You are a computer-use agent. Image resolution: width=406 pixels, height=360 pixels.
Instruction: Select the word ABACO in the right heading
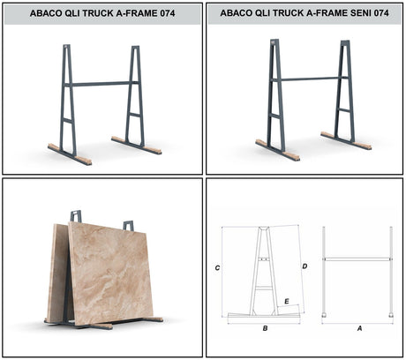coord(239,13)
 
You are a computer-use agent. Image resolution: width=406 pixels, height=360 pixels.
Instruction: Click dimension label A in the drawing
coord(357,327)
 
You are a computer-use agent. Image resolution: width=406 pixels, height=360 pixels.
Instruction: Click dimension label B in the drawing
coord(265,327)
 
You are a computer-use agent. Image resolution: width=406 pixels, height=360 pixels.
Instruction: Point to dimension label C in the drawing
coord(216,266)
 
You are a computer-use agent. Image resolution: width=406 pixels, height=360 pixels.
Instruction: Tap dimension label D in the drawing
coord(304,266)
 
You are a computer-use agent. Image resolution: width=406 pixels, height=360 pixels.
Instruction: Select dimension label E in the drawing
coord(286,301)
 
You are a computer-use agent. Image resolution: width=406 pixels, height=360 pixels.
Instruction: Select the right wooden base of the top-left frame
coord(138,145)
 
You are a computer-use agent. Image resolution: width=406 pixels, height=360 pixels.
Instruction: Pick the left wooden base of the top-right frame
coord(277,151)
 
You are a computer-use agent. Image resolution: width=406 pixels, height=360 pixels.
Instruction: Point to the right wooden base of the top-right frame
coord(346,139)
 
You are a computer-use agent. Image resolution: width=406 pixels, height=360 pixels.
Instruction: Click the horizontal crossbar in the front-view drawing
coord(357,259)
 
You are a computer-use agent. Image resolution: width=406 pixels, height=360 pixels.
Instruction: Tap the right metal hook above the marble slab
coord(128,225)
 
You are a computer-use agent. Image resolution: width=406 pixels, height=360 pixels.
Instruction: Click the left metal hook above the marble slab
coord(77,215)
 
